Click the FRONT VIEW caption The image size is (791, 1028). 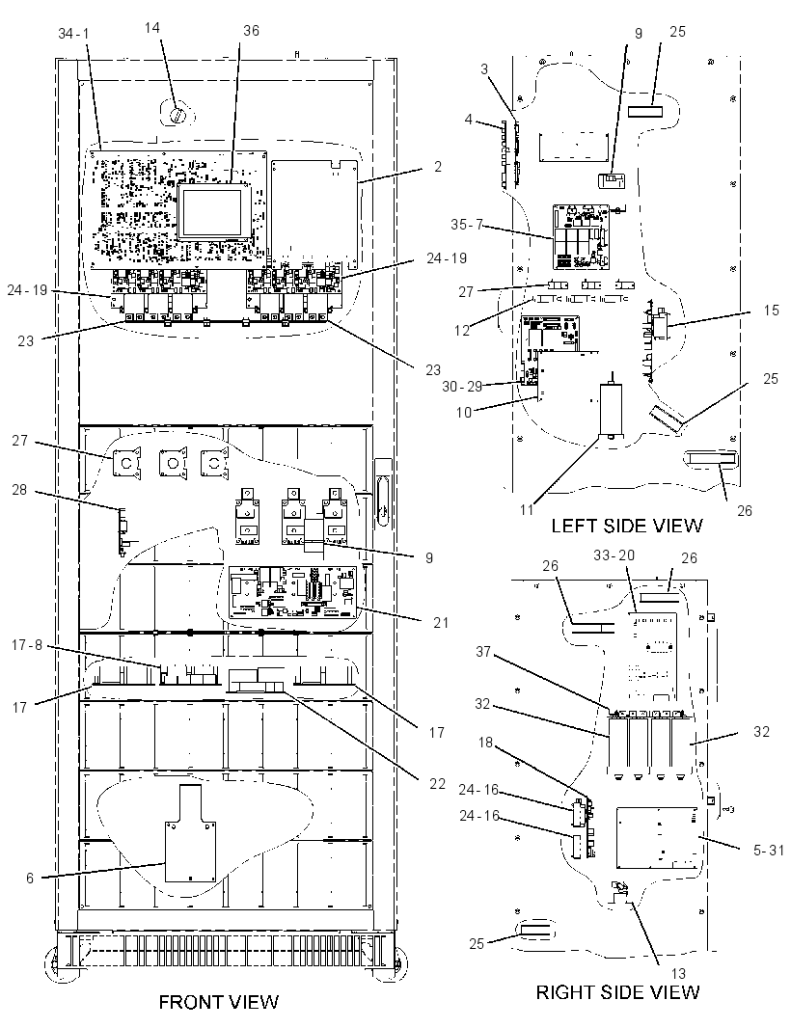(x=218, y=1002)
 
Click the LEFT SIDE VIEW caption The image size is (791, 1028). (x=626, y=526)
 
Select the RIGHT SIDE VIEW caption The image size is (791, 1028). (x=617, y=992)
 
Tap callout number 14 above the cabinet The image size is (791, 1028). (x=152, y=28)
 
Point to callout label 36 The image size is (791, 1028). (x=251, y=31)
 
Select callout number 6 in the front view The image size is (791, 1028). (x=30, y=878)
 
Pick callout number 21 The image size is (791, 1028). (x=441, y=621)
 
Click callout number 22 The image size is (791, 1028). (x=438, y=784)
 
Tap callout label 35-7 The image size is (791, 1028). (x=466, y=225)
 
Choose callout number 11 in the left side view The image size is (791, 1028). (x=527, y=509)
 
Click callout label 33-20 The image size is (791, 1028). (x=614, y=555)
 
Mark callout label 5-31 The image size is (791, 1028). (x=769, y=851)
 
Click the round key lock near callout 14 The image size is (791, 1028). (x=177, y=116)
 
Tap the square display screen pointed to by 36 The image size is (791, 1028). (x=214, y=211)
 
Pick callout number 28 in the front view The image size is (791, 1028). (x=19, y=489)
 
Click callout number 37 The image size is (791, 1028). (x=482, y=652)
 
